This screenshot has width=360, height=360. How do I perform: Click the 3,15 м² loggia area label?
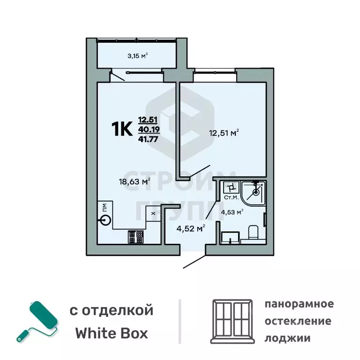pos(137,56)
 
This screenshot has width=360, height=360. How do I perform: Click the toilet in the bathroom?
pos(252,232)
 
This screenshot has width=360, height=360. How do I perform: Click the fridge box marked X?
pos(153,213)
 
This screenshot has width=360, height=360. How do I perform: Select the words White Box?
pos(112,333)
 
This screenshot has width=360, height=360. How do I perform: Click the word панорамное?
pos(299,304)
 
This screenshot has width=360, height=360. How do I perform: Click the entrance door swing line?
pos(194,262)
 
